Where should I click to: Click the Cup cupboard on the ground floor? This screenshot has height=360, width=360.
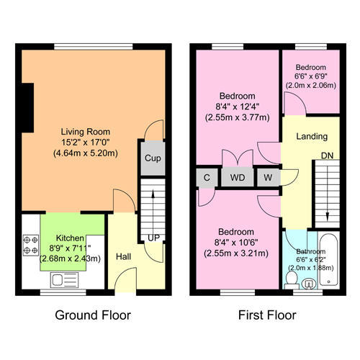click(153, 158)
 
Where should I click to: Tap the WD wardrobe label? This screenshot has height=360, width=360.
click(238, 178)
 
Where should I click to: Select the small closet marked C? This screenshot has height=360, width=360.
click(207, 178)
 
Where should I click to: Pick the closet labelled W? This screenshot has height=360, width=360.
click(268, 178)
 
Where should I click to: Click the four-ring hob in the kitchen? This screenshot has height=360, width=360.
click(31, 245)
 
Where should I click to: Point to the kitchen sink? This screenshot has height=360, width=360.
click(64, 280)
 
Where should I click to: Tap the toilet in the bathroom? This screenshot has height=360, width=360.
click(292, 280)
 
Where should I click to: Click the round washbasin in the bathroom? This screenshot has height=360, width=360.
click(309, 284)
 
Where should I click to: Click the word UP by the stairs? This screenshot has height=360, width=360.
click(153, 238)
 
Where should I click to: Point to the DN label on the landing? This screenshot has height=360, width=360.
click(328, 156)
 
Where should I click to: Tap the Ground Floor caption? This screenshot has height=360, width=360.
click(93, 315)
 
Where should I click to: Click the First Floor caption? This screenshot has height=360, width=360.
click(267, 315)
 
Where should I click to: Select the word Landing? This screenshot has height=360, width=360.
click(312, 137)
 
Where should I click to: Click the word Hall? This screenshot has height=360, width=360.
click(123, 257)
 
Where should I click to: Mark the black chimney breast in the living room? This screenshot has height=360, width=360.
click(27, 108)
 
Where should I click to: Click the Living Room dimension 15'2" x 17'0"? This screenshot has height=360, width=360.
click(86, 143)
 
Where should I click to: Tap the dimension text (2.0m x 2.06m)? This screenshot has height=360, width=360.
click(311, 86)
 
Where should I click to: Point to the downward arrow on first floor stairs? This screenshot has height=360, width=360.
click(327, 192)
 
